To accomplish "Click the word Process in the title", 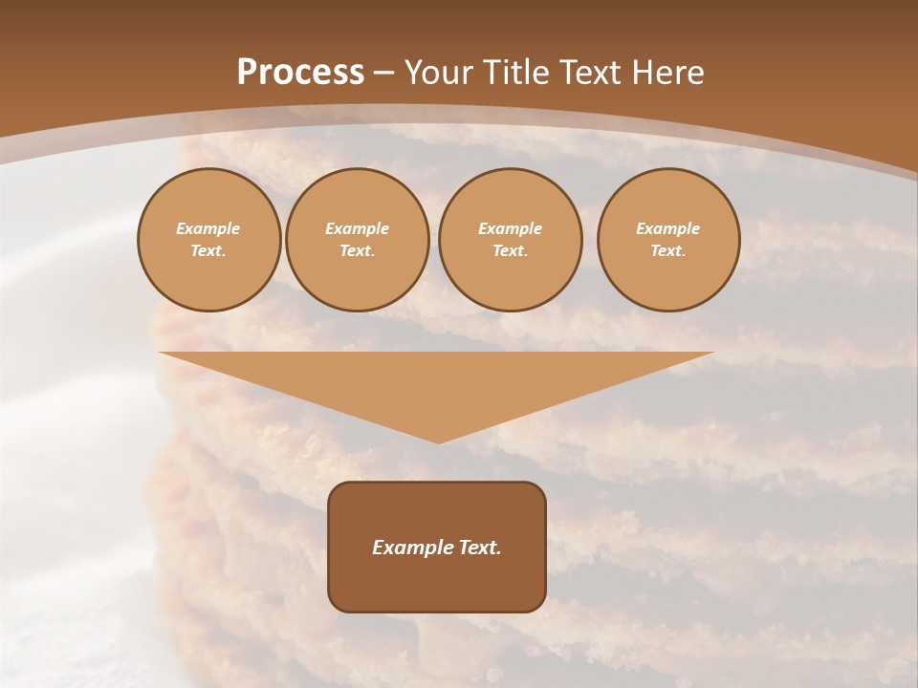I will click(x=300, y=73).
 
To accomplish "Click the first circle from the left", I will click(x=209, y=240).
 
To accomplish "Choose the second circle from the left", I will click(x=358, y=240).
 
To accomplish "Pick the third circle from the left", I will click(x=511, y=240).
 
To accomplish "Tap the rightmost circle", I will click(x=668, y=240).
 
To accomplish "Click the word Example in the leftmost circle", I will click(x=208, y=228).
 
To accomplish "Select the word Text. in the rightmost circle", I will click(x=668, y=251).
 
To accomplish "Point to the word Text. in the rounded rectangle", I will click(x=478, y=548).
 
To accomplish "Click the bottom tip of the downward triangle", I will click(x=438, y=441).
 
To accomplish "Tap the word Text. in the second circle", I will click(x=358, y=251).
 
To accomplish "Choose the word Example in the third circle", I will click(x=511, y=228).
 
